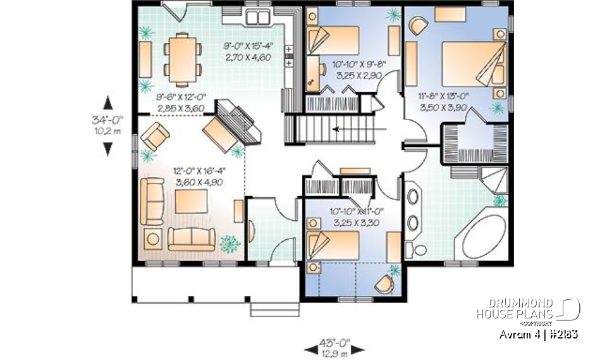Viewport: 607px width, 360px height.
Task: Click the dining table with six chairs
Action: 181,58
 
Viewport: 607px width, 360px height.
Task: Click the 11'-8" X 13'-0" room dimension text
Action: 448,102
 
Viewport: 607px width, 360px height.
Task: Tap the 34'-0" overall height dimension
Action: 109,125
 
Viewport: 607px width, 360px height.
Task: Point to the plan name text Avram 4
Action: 518,333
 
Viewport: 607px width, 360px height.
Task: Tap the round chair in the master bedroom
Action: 418,26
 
